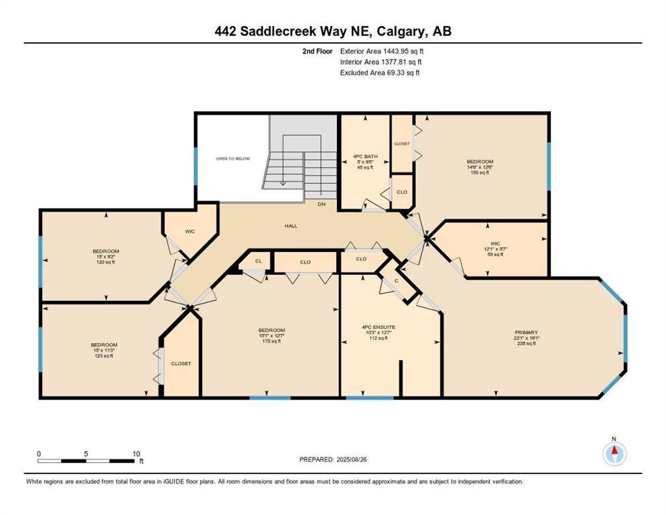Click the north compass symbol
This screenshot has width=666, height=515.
point(614,453)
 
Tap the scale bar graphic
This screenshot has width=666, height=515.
point(86,461)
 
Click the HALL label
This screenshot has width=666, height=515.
point(291,226)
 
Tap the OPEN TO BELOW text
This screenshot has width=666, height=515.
point(232,159)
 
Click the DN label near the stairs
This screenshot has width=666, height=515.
point(322,203)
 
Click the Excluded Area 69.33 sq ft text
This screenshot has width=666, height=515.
point(380,73)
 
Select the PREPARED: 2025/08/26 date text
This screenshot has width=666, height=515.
point(333,459)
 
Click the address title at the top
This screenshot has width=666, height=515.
point(333,31)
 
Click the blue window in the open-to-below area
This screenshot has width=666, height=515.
point(196,166)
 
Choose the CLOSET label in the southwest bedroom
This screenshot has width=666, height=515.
point(181,363)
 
